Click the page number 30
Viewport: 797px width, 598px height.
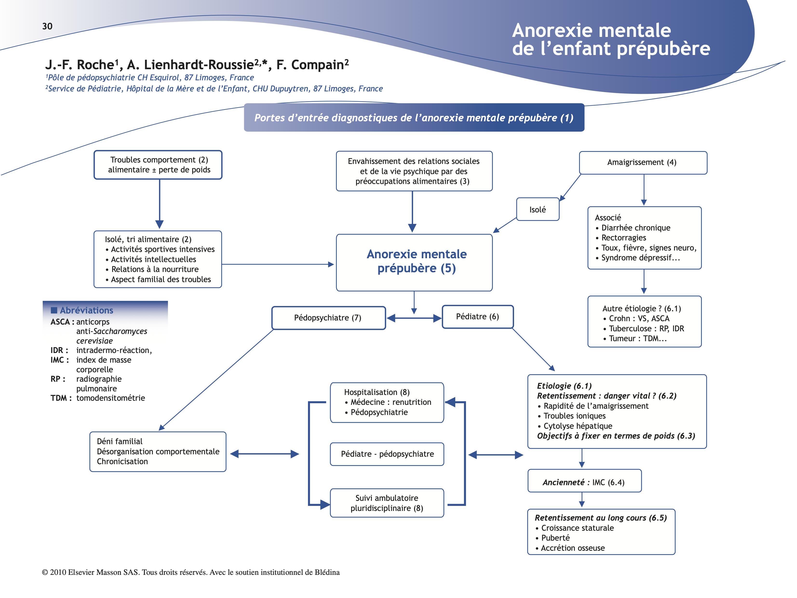pos(47,26)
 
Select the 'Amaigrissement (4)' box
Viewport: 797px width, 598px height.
pos(643,163)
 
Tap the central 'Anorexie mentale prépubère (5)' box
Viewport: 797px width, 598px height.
pos(414,262)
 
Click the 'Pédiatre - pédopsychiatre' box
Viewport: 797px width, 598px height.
pos(387,454)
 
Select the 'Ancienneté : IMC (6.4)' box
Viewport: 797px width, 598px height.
pos(584,482)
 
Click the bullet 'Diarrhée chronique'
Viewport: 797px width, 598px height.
pos(636,228)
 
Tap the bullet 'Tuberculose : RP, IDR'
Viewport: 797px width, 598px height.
pos(646,328)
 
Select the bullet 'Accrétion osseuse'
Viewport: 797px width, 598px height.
pos(573,548)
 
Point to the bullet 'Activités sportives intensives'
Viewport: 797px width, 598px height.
pos(162,249)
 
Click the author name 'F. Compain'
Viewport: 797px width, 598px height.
pos(312,65)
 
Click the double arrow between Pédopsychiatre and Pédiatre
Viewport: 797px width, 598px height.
pos(414,318)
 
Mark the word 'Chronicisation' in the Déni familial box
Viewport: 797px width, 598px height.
pos(122,461)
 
